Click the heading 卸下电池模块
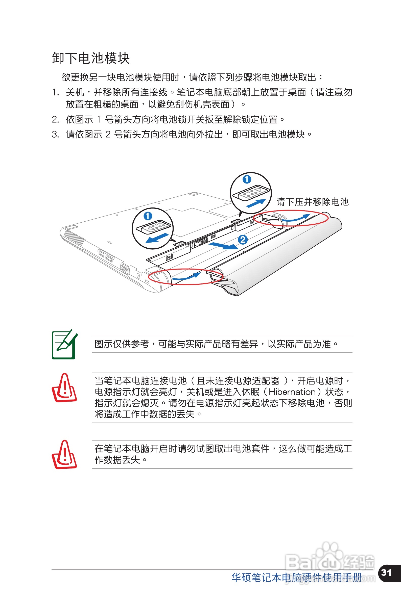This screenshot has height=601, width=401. [91, 58]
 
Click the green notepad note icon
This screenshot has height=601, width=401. [64, 344]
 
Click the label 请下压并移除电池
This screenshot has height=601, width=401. [313, 202]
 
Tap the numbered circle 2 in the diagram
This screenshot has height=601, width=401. [242, 240]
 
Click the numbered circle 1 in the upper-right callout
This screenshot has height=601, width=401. [247, 179]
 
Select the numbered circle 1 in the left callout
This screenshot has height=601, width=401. [148, 216]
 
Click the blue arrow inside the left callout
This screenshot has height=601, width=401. [157, 238]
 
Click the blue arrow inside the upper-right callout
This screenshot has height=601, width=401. [256, 203]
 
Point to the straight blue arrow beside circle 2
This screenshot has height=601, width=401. [223, 245]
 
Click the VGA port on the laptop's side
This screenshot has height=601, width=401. [125, 269]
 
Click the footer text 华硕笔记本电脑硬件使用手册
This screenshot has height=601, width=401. [297, 578]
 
